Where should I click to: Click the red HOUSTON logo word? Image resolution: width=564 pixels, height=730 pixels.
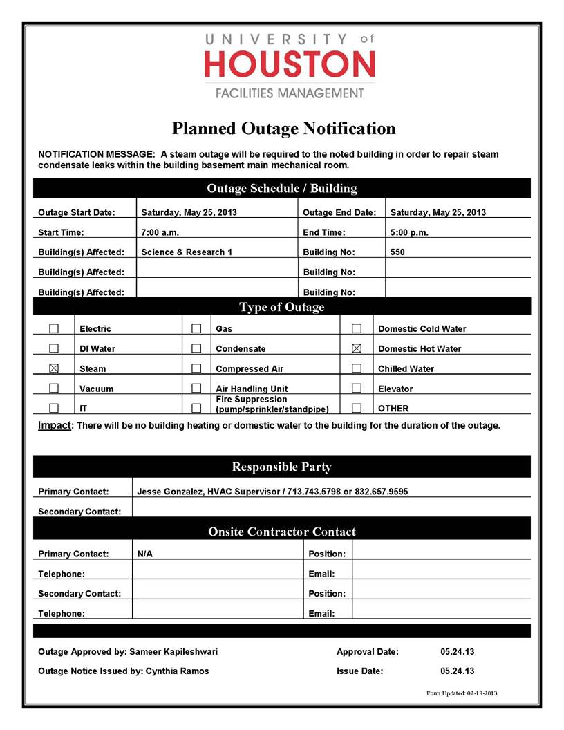pos(290,64)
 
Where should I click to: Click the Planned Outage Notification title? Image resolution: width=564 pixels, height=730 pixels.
pos(283,129)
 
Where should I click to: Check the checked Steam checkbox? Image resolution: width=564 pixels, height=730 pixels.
pos(54,368)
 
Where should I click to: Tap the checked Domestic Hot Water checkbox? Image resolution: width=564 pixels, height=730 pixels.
pos(357,348)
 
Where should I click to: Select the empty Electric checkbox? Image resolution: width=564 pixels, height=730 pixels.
pos(54,328)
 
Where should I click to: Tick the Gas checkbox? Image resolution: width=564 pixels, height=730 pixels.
pos(196,328)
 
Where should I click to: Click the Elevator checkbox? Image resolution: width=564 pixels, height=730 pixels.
pos(357,389)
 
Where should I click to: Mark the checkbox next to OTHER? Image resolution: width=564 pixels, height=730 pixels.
pos(357,408)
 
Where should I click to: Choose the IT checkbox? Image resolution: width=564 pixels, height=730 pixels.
pos(54,408)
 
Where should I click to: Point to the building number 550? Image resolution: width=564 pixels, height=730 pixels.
pos(397,252)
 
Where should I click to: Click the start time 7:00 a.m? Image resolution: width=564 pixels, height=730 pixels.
pos(160,232)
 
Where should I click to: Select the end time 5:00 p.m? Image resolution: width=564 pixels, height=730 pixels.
pos(409,232)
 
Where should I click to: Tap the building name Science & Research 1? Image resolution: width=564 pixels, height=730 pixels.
pos(187,252)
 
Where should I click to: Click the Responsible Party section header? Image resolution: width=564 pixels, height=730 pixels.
pos(281,467)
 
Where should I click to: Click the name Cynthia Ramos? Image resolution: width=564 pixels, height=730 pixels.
pos(177,671)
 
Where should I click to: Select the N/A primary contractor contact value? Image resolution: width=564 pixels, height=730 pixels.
pos(145,554)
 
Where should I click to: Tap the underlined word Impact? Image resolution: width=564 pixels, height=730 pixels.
pos(55,425)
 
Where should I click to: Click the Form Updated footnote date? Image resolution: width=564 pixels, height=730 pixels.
pos(482,693)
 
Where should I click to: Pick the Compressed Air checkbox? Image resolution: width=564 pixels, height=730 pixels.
pos(196,368)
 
